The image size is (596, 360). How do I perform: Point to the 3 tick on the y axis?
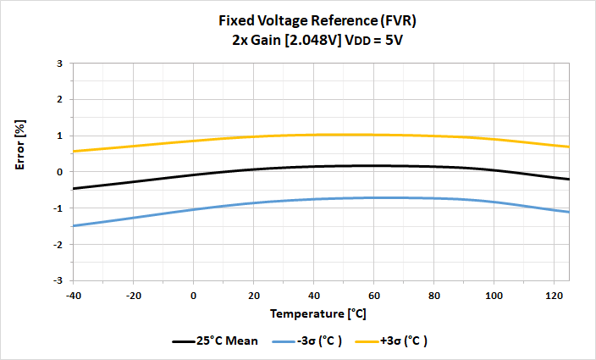[60, 64]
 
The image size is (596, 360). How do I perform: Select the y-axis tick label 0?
[60, 172]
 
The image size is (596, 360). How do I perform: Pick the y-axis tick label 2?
[60, 100]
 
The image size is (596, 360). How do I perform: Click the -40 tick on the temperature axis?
[74, 295]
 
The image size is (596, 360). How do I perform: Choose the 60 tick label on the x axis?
[372, 295]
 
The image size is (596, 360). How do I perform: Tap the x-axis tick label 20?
[253, 295]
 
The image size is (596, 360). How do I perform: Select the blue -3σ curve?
[254, 202]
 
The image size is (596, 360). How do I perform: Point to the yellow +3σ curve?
[254, 136]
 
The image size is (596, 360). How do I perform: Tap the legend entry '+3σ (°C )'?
[404, 341]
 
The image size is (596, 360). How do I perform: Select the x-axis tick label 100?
[493, 295]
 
